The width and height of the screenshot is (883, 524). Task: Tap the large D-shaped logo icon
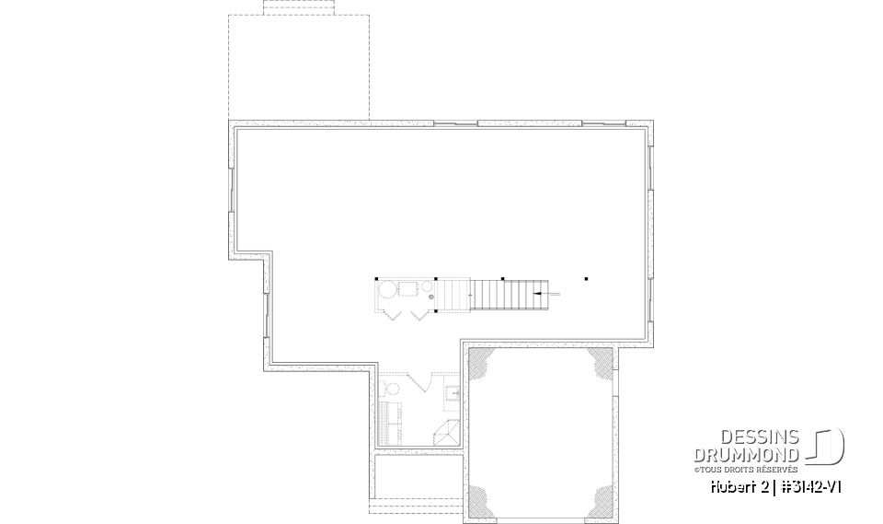pyautogui.click(x=828, y=447)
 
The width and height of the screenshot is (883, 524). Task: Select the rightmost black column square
pyautogui.click(x=586, y=278)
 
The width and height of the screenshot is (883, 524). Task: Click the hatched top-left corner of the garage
pyautogui.click(x=480, y=363)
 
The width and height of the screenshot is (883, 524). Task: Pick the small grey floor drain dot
pyautogui.click(x=430, y=297)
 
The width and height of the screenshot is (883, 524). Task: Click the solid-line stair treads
pyautogui.click(x=504, y=295)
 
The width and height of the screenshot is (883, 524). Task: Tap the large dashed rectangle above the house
pyautogui.click(x=299, y=66)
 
